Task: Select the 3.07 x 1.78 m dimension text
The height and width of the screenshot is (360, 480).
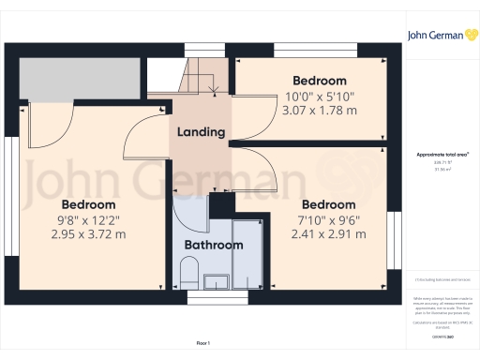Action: coord(319,111)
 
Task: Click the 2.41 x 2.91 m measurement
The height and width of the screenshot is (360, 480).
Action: coord(328,234)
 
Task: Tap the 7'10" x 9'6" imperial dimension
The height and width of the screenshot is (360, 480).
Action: coord(328,219)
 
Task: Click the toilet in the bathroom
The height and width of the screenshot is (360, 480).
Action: coord(187,275)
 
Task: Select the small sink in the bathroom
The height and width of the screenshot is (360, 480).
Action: coord(215,280)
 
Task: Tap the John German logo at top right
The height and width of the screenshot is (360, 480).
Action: coord(437,36)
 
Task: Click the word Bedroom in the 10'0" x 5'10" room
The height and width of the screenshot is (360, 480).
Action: coord(319,81)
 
